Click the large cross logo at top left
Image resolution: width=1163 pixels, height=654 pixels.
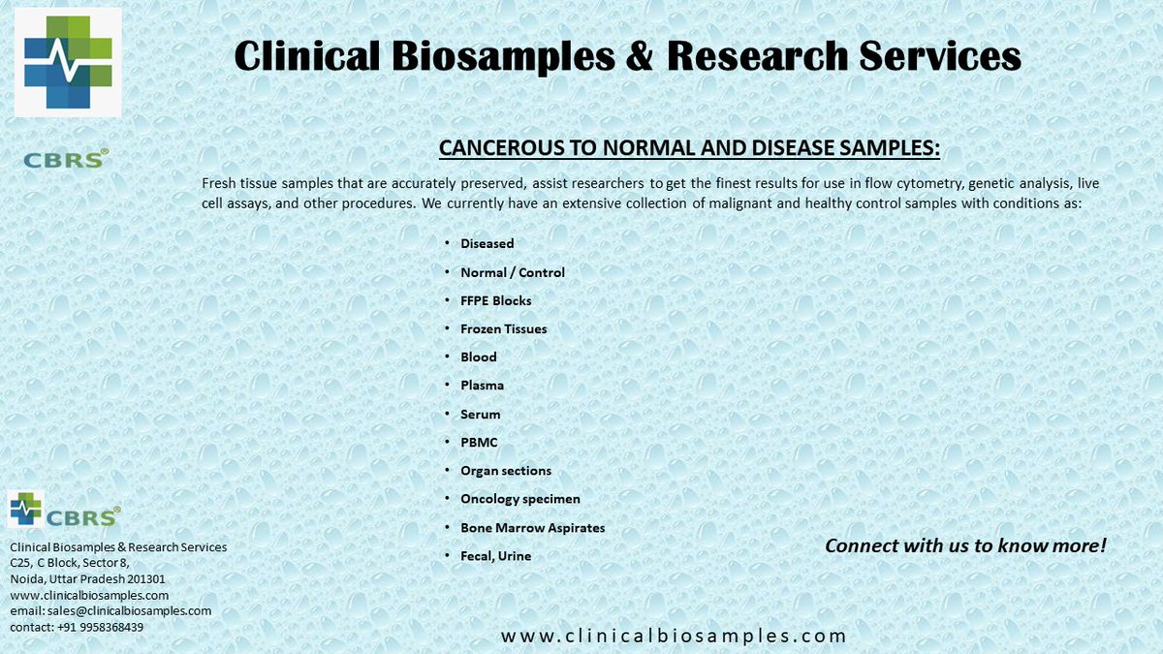pyautogui.click(x=68, y=62)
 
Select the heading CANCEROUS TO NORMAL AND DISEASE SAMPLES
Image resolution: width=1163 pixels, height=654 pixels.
pyautogui.click(x=689, y=148)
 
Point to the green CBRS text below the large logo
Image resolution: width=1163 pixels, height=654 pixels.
pyautogui.click(x=66, y=159)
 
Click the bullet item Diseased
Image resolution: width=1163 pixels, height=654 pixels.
pyautogui.click(x=487, y=244)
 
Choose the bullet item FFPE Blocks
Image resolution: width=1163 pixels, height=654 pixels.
pyautogui.click(x=495, y=300)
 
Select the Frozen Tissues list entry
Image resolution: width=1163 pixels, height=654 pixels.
pyautogui.click(x=503, y=329)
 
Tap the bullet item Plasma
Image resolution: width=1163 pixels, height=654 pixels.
pyautogui.click(x=482, y=386)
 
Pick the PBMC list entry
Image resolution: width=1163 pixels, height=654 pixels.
pyautogui.click(x=479, y=442)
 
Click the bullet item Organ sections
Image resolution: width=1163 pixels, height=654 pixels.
pyautogui.click(x=505, y=471)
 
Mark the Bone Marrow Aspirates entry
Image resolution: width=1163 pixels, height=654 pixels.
pyautogui.click(x=532, y=528)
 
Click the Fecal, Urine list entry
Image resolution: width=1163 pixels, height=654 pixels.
pyautogui.click(x=495, y=556)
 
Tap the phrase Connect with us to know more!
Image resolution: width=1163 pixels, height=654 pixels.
pyautogui.click(x=965, y=545)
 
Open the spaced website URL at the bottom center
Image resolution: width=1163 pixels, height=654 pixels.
pyautogui.click(x=674, y=637)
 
